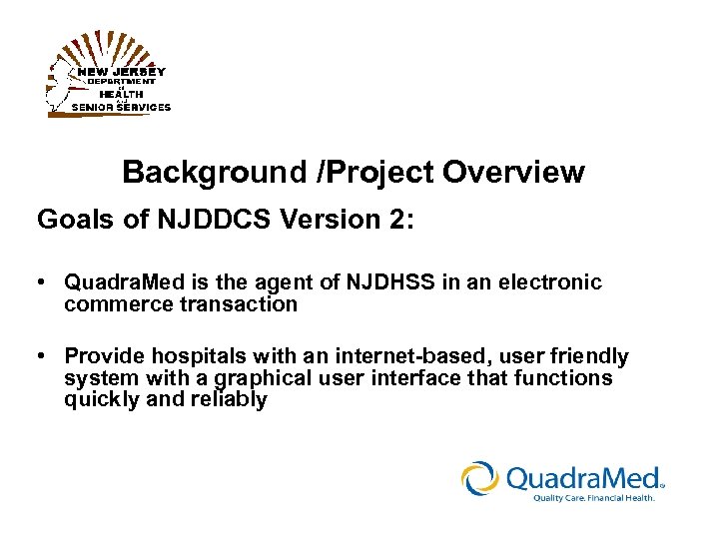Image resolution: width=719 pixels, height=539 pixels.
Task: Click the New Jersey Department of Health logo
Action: pyautogui.click(x=108, y=75)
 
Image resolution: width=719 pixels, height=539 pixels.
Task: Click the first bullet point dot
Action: pyautogui.click(x=43, y=283)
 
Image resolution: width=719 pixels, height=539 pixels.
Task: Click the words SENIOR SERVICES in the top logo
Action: pyautogui.click(x=120, y=107)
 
